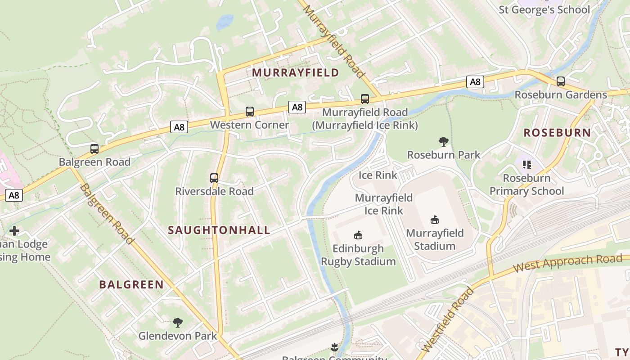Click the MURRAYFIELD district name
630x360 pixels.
click(295, 72)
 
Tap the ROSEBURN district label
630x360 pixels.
click(557, 132)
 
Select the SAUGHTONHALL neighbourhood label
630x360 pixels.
click(219, 230)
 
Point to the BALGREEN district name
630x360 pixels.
click(131, 284)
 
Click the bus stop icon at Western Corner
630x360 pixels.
click(250, 112)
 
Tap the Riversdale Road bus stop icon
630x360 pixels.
click(214, 178)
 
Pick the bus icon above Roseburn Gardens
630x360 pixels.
click(561, 81)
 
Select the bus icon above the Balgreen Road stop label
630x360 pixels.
click(94, 149)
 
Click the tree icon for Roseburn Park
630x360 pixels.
click(444, 142)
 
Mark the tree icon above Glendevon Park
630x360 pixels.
click(178, 322)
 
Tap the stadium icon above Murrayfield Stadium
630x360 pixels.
click(435, 220)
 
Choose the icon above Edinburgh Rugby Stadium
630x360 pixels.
click(358, 235)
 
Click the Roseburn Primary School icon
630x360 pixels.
click(526, 165)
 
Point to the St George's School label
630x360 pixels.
click(544, 9)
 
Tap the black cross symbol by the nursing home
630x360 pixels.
click(14, 231)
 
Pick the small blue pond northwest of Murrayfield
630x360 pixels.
click(225, 22)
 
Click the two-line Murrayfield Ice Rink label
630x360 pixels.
click(384, 204)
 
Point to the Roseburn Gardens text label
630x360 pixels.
click(561, 95)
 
